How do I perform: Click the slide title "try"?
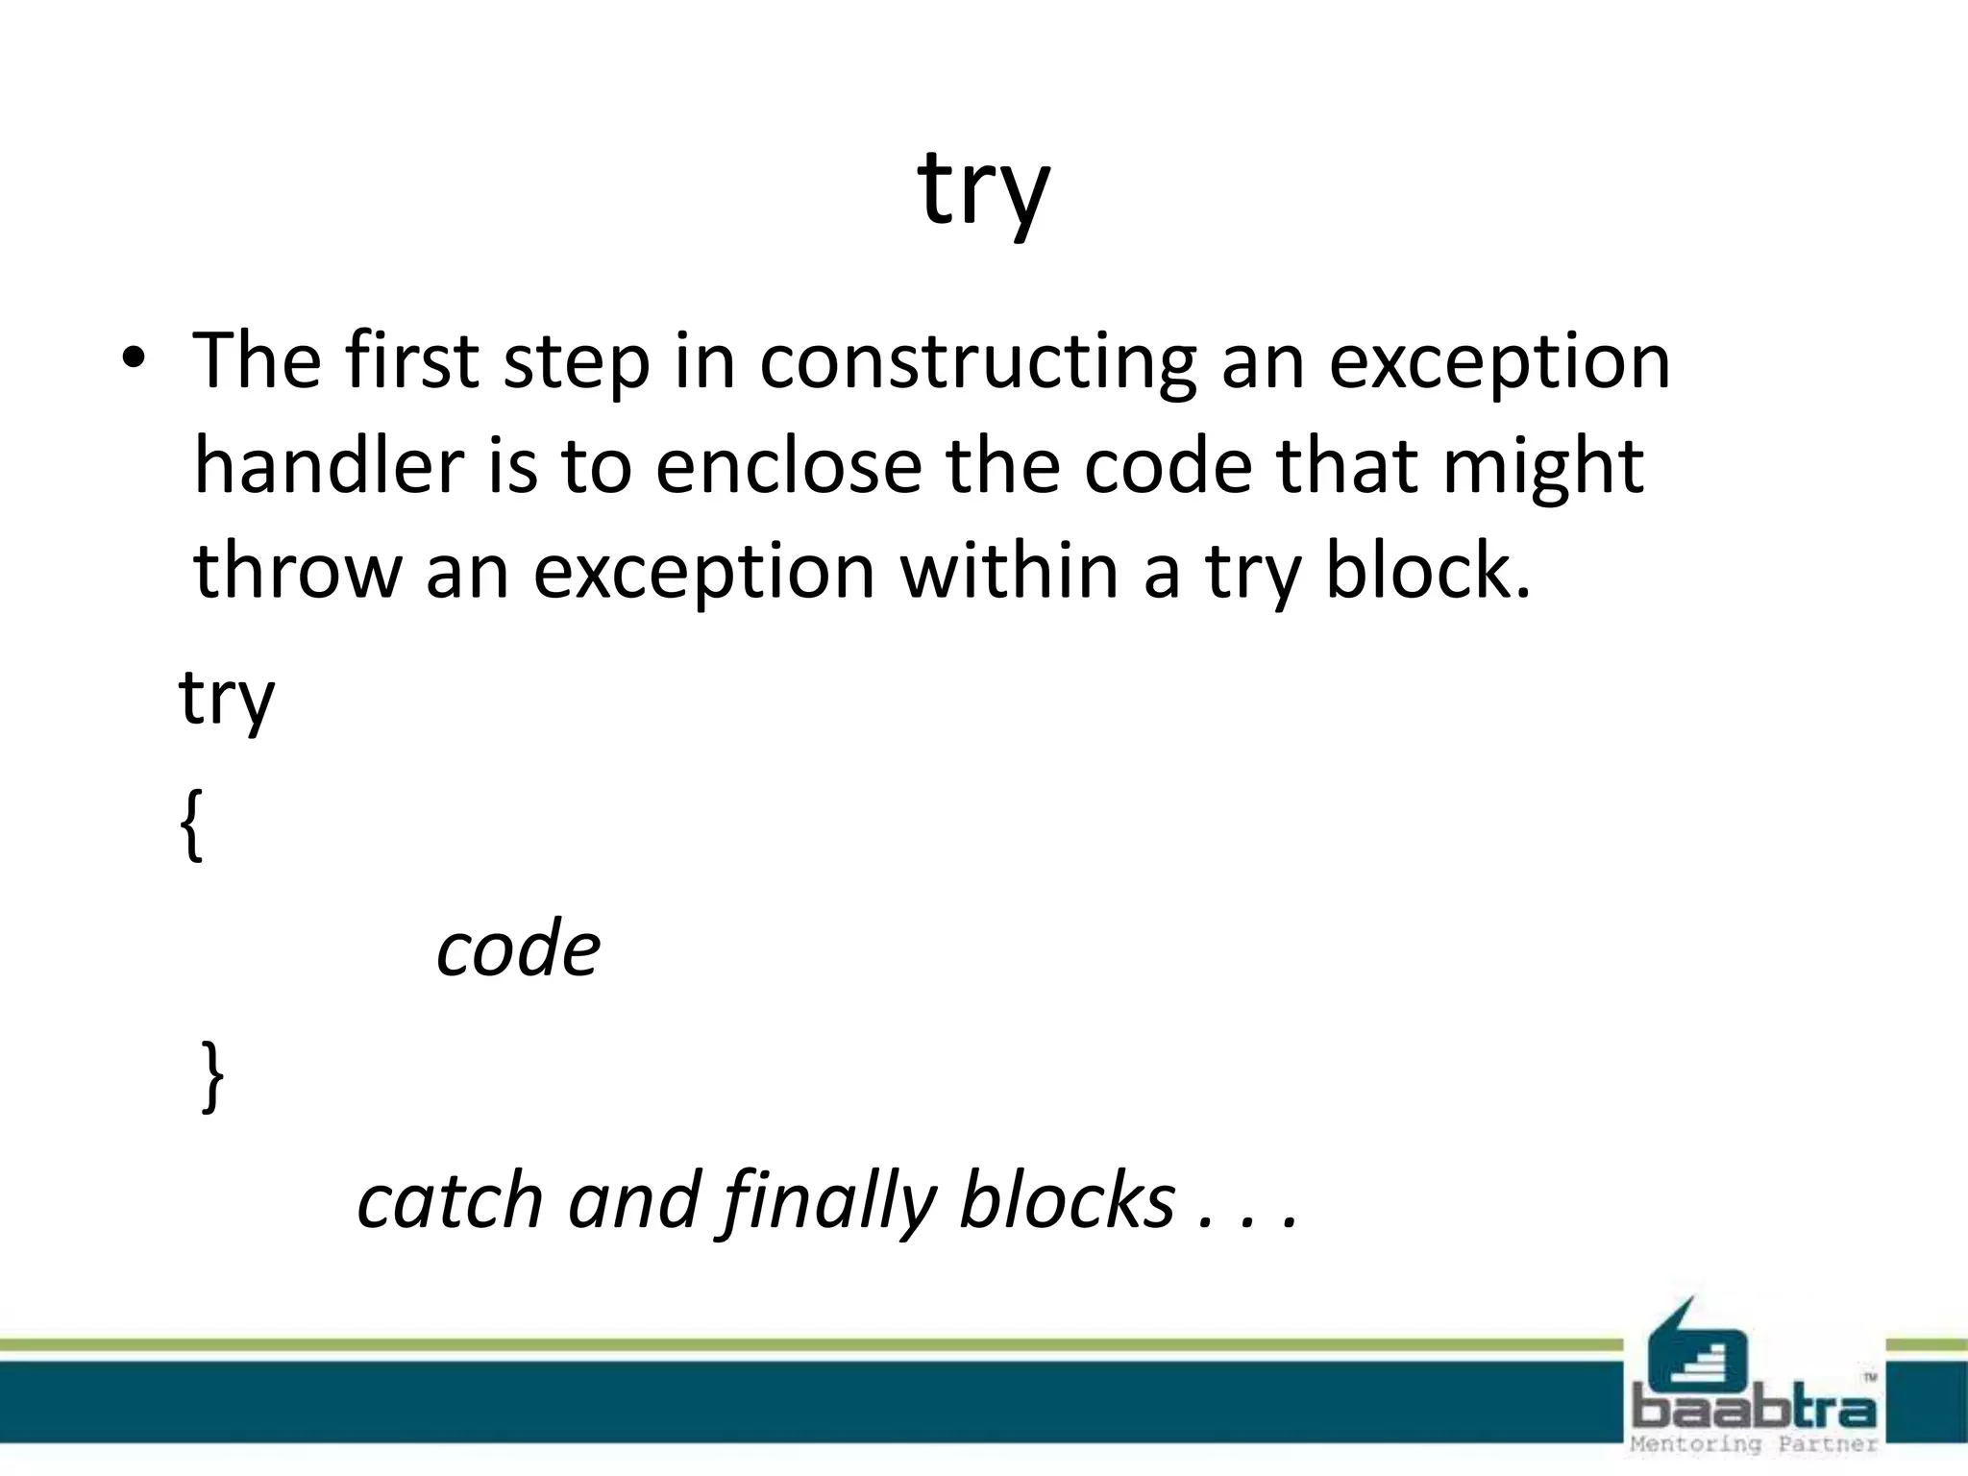pos(983,190)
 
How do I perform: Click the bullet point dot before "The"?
pos(133,358)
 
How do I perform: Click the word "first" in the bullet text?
pos(411,360)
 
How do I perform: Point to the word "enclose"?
pos(788,466)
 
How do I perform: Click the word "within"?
pos(1009,570)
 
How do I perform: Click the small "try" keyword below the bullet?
pos(227,699)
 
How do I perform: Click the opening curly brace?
pos(191,824)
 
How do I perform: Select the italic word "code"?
pos(518,949)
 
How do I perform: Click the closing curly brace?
pos(213,1076)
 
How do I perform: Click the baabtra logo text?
pos(1753,1411)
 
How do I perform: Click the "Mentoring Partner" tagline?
pos(1753,1444)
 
